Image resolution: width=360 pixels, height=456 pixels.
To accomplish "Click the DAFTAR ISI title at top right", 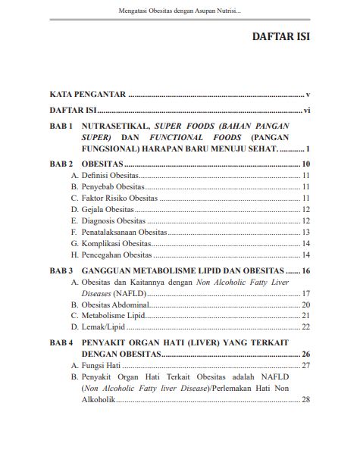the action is click(x=280, y=37).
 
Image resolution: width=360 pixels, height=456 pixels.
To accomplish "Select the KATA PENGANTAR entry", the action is click(x=86, y=95).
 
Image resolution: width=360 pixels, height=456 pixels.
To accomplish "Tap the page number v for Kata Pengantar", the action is click(x=308, y=95).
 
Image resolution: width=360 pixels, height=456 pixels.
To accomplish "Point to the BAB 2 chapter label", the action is click(x=60, y=164).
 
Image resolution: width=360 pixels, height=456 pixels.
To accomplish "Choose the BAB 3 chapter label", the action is click(x=60, y=270).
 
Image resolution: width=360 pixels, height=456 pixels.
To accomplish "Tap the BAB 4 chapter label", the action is click(x=60, y=342).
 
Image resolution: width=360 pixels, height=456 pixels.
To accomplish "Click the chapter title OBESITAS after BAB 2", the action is click(x=102, y=164).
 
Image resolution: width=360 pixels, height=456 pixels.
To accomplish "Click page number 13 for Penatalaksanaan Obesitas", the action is click(x=306, y=232).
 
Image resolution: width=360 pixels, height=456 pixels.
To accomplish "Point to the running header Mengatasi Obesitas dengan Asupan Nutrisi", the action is click(x=180, y=11).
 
